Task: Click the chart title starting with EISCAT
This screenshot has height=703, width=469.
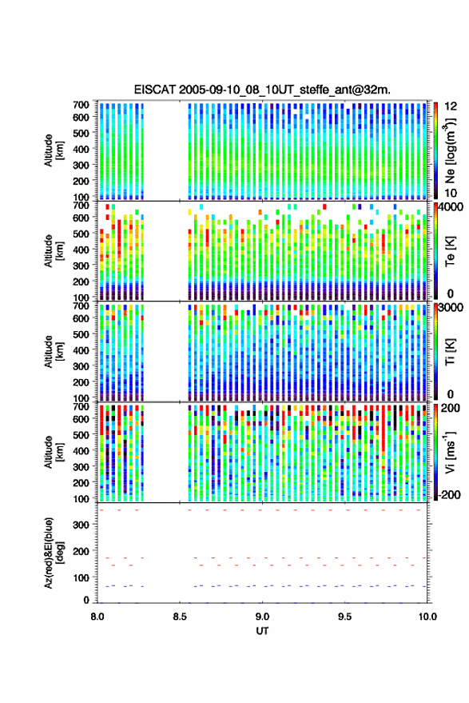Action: point(262,90)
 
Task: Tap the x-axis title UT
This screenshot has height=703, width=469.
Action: point(262,631)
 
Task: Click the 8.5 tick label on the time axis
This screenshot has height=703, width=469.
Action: point(180,617)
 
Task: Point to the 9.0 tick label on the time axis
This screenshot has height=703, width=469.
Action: point(262,617)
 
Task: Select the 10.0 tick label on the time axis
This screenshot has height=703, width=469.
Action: point(427,617)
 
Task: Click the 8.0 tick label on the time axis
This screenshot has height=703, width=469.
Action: point(97,617)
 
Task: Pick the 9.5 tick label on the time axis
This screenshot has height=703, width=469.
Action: point(344,617)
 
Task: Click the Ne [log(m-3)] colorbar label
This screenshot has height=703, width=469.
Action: point(450,150)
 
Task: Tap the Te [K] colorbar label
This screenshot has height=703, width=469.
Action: point(450,251)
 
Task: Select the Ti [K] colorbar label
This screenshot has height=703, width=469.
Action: point(450,352)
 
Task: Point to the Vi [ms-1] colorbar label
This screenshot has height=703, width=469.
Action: point(450,452)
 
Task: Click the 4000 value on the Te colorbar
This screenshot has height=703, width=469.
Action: point(451,208)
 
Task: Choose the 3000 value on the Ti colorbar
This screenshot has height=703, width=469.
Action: point(451,308)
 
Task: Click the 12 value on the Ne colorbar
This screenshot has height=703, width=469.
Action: point(451,106)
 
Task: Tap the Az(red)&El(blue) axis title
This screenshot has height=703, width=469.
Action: point(54,553)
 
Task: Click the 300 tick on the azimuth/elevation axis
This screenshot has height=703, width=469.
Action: point(81,525)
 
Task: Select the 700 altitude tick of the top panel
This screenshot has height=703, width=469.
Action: point(81,105)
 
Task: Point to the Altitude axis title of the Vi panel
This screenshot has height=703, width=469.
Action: point(54,452)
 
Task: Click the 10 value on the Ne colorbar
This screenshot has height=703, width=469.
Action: point(451,194)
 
